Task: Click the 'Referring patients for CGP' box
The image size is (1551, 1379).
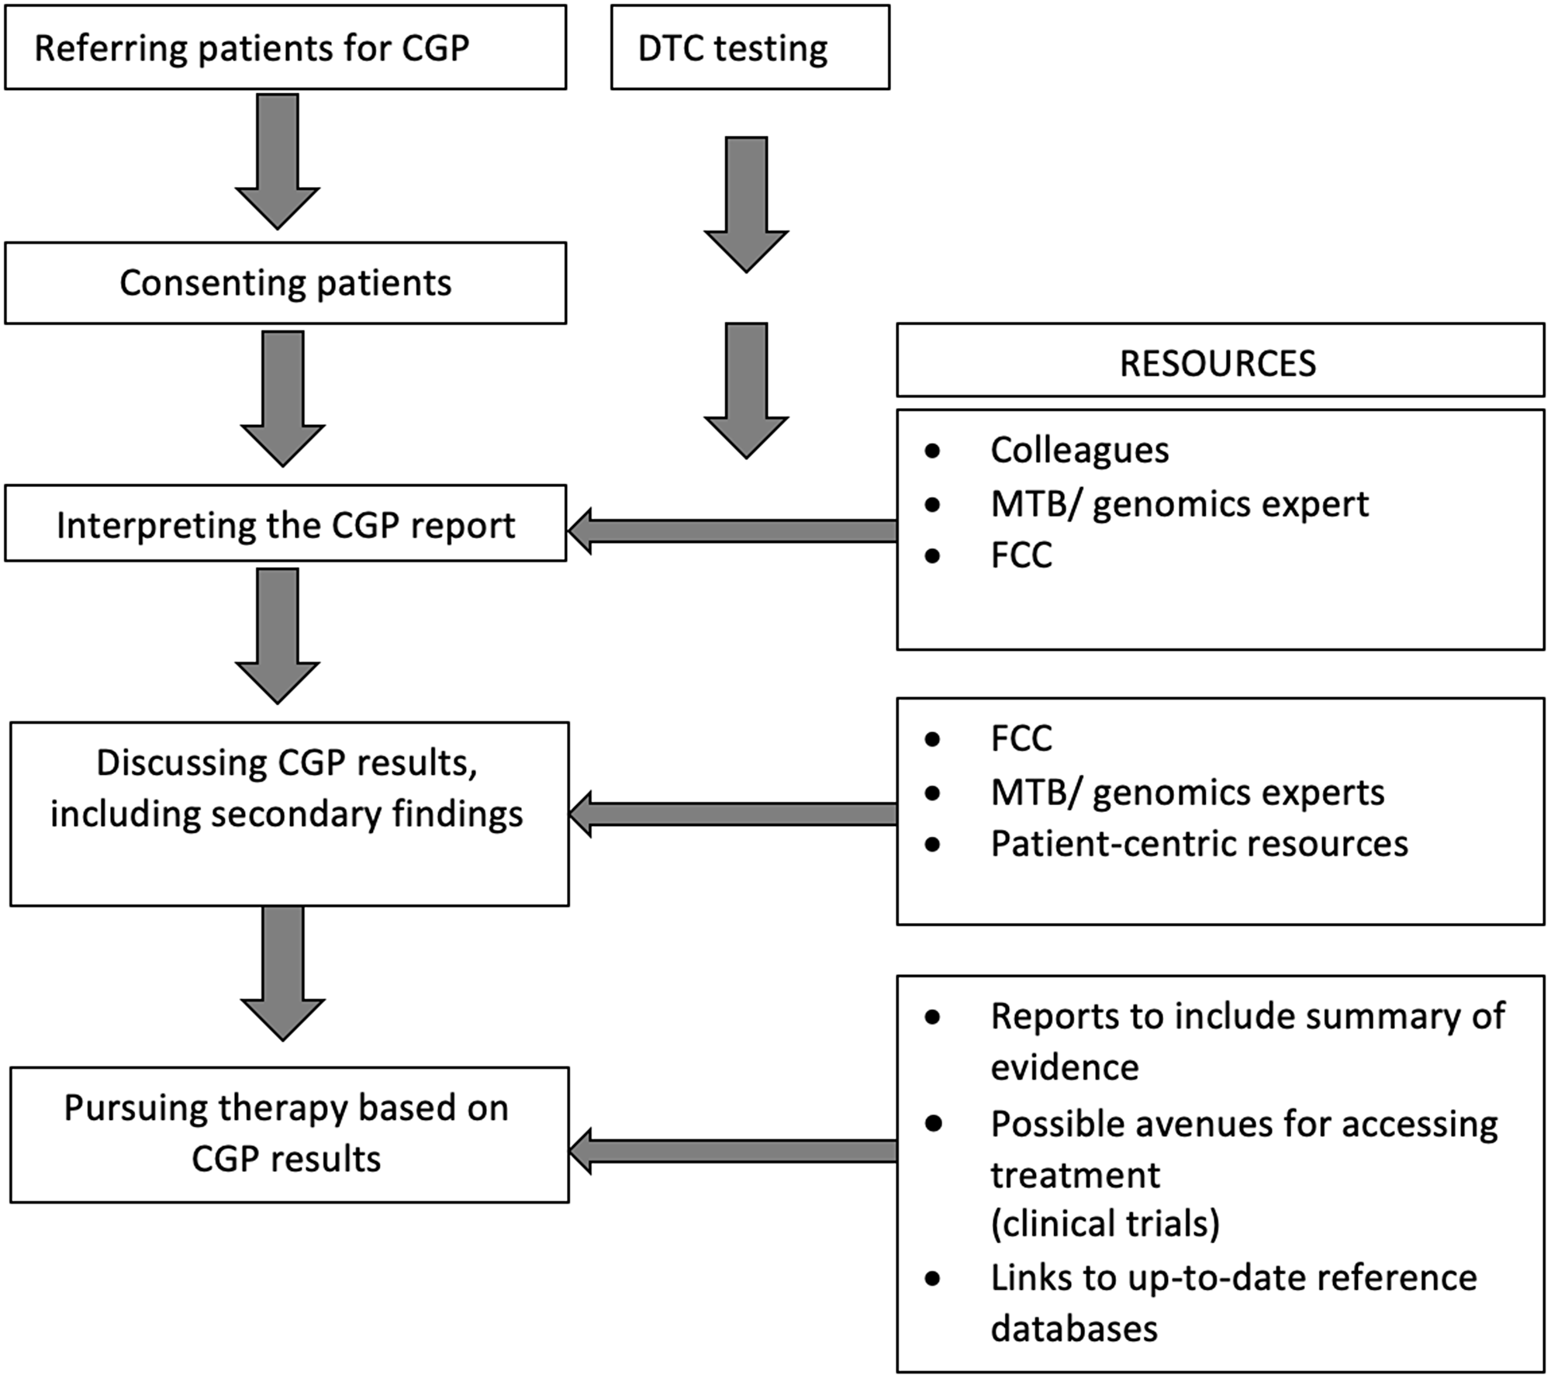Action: [285, 48]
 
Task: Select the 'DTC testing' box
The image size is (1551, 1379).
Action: [749, 48]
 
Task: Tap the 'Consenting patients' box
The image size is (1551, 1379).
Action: [285, 283]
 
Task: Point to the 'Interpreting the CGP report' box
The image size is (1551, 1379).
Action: [285, 524]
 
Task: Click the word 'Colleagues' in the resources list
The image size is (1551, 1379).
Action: [1079, 451]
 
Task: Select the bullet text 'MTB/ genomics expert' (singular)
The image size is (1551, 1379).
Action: [1179, 504]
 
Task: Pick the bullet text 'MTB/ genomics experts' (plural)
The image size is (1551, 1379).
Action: [1187, 793]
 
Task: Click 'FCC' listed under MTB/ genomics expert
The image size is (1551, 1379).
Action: [1021, 555]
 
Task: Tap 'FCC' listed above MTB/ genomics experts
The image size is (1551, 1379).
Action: [1021, 738]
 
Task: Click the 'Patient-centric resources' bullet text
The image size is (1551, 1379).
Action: [1198, 844]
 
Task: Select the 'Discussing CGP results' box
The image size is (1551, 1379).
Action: [288, 813]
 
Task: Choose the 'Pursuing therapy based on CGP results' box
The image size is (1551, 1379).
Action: [288, 1134]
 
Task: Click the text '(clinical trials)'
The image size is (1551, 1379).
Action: [1105, 1223]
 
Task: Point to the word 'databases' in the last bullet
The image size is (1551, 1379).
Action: [1074, 1329]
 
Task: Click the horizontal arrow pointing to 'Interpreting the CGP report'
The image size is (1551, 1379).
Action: [733, 531]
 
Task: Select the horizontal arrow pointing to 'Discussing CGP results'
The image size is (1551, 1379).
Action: [733, 814]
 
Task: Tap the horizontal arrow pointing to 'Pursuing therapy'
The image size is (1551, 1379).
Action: [733, 1151]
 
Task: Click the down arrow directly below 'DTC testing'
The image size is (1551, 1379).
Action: [746, 203]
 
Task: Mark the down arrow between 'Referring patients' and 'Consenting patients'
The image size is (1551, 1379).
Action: [278, 161]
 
